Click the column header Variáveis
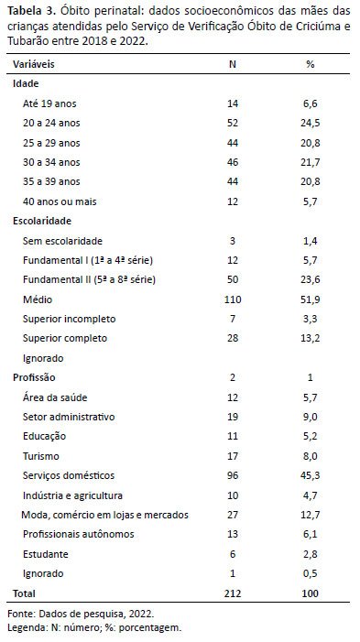(x=34, y=64)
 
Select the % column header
(x=310, y=64)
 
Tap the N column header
(x=233, y=64)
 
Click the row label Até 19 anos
(x=49, y=103)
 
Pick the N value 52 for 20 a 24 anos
(x=233, y=123)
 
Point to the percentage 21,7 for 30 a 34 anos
(x=310, y=162)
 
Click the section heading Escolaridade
(x=42, y=221)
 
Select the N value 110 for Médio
(x=233, y=299)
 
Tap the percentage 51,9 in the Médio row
(x=310, y=300)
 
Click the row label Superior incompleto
(x=70, y=319)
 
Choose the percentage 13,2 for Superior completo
(x=310, y=339)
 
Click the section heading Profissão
(x=34, y=377)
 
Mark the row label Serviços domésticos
(x=69, y=475)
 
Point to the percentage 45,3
(x=310, y=475)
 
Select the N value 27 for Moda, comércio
(x=233, y=515)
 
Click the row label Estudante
(x=46, y=554)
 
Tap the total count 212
(x=233, y=593)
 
